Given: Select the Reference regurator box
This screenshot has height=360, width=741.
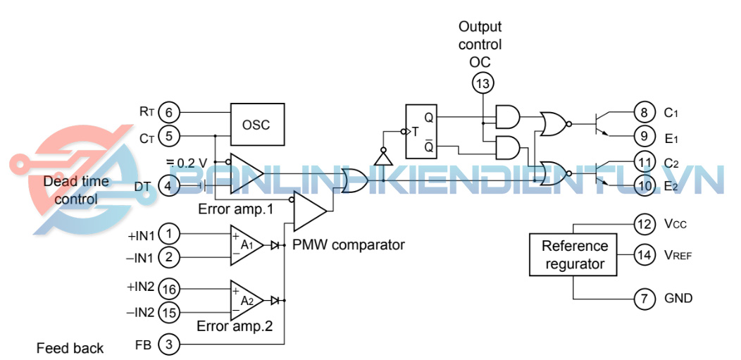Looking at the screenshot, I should pos(574,255).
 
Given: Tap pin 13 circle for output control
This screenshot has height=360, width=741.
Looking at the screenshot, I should pos(482,84).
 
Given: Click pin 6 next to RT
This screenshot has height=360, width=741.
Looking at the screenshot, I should pos(169,112).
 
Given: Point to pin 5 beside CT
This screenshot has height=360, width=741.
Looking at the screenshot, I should pos(169,135).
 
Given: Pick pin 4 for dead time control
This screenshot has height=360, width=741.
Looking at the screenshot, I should pos(169,186).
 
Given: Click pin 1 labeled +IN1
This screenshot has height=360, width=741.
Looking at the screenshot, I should pos(169,233).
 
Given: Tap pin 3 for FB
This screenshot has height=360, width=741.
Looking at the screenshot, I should pos(169,345).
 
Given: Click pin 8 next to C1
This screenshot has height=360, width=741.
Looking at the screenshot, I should pos(644,112).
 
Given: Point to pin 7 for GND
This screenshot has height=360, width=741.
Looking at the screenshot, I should pos(644,298).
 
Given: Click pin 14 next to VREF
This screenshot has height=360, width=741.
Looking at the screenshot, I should pos(644,254).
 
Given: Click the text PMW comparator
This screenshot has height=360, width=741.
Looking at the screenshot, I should pos(348,245).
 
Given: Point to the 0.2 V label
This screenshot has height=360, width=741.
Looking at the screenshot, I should pos(187,163).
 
